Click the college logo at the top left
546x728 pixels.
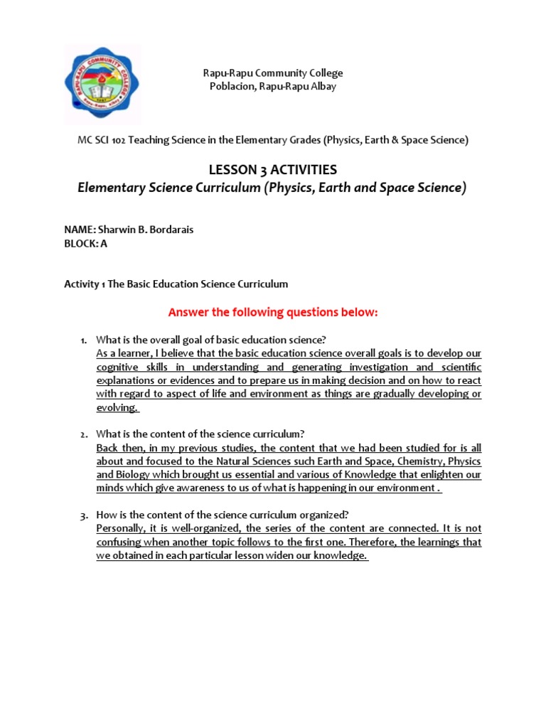point(102,84)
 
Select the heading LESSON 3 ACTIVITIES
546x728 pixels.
point(272,169)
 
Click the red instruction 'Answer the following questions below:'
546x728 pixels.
point(272,313)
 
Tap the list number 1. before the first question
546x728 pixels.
point(82,340)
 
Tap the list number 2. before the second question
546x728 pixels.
point(82,434)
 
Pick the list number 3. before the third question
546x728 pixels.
point(82,515)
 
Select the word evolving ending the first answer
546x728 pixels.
point(116,407)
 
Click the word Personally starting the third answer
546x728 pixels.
point(119,529)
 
